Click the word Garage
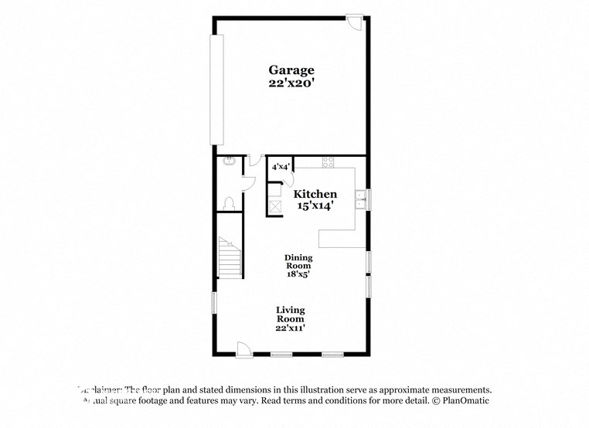point(291,69)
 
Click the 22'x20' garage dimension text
point(291,82)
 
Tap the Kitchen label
point(315,194)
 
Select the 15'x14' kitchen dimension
point(315,206)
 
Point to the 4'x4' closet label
point(279,166)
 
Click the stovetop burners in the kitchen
point(327,162)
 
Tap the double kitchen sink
point(360,199)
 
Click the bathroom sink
point(228,162)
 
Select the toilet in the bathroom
point(228,203)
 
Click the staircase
point(230,257)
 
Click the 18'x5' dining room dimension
point(298,273)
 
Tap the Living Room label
point(291,314)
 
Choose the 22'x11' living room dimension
point(291,328)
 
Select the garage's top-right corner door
point(355,21)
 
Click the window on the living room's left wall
point(214,302)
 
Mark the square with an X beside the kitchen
point(275,206)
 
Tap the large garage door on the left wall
point(218,89)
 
